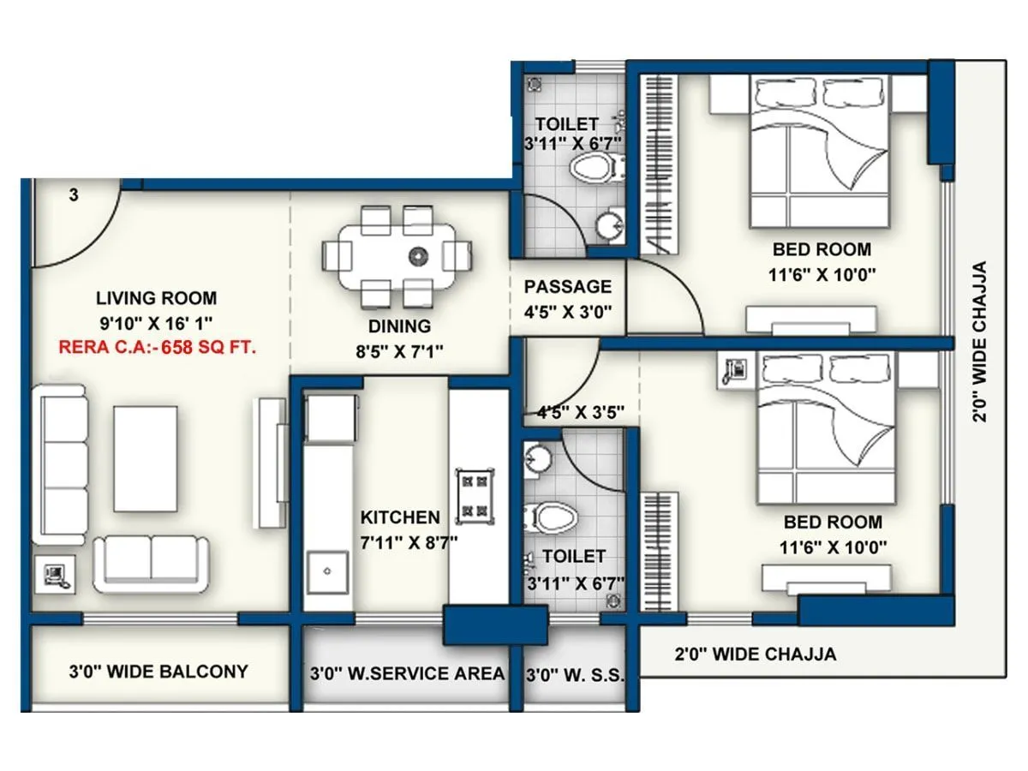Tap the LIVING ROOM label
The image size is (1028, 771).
pyautogui.click(x=156, y=298)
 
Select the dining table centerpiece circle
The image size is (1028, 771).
pyautogui.click(x=418, y=254)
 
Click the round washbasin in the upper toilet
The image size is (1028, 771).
pyautogui.click(x=610, y=225)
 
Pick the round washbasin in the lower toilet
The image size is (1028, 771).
pyautogui.click(x=538, y=458)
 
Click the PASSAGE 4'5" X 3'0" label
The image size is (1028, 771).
pyautogui.click(x=568, y=298)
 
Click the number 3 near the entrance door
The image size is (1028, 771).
pyautogui.click(x=74, y=195)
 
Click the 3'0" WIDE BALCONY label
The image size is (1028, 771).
pyautogui.click(x=158, y=672)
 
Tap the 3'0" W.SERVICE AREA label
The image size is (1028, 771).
pyautogui.click(x=407, y=673)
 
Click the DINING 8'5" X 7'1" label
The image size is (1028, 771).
pyautogui.click(x=400, y=338)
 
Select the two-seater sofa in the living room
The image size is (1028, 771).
pyautogui.click(x=151, y=564)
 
